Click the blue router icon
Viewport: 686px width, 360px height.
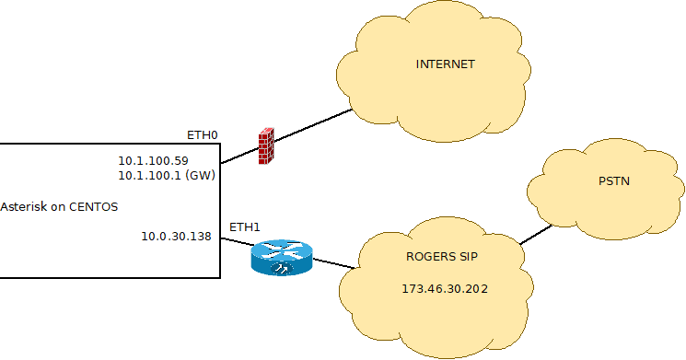point(282,258)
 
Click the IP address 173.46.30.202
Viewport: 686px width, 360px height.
point(445,289)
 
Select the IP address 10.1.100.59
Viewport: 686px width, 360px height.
point(153,160)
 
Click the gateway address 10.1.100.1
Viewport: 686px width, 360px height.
point(148,174)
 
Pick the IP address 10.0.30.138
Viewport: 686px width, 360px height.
point(176,237)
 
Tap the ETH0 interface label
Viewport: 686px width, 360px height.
point(203,135)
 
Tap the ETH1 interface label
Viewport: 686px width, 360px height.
point(245,226)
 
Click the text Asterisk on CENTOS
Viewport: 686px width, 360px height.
point(60,206)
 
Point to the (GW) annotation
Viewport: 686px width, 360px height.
point(200,174)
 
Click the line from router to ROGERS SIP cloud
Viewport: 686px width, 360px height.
point(334,263)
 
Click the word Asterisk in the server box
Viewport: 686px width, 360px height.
point(24,206)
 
